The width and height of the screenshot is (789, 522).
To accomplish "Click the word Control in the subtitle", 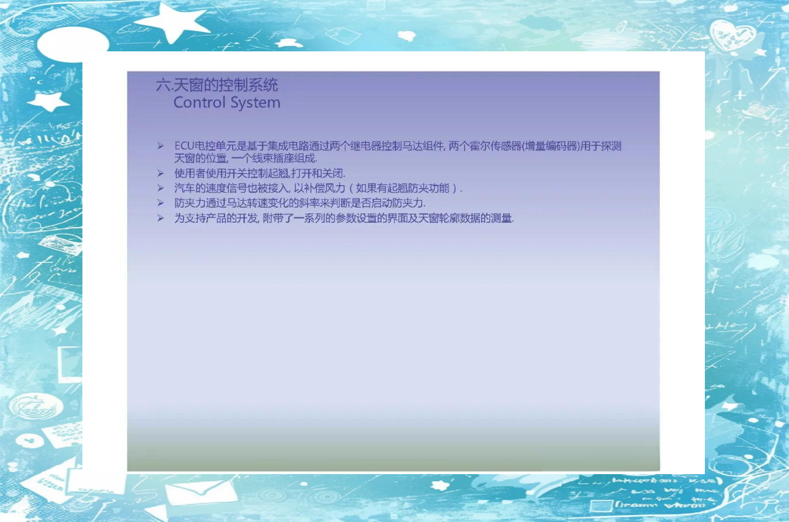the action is point(199,103).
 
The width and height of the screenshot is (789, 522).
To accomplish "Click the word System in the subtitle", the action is point(255,103).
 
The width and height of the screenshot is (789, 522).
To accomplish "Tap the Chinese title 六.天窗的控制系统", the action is point(217,85).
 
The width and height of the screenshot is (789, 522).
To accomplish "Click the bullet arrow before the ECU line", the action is point(161,145).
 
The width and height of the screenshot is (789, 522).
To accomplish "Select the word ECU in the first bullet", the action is point(184,146).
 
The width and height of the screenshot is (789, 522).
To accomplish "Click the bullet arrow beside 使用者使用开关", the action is point(161,173).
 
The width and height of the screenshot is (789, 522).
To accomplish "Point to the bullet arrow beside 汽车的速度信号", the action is point(161,188).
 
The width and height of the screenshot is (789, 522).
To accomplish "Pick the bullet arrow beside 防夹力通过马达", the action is point(161,203).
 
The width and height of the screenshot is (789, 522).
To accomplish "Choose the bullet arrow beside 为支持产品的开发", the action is point(161,218).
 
